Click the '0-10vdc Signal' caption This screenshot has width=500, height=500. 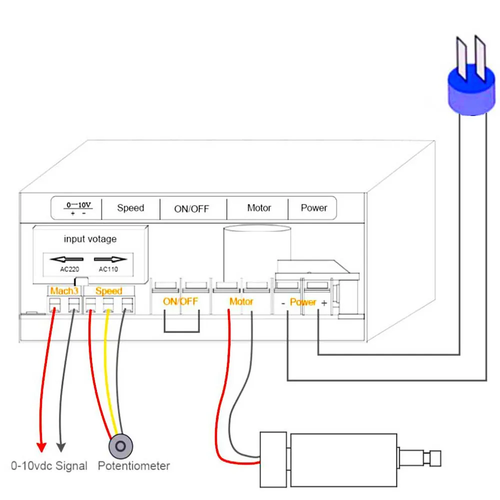coord(49,466)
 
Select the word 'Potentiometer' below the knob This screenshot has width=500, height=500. coord(133,466)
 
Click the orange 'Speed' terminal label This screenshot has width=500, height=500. coord(108,290)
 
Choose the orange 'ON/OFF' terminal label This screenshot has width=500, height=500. coord(180,301)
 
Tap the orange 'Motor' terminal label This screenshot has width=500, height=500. coord(241,301)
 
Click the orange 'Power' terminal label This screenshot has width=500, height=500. coord(303,302)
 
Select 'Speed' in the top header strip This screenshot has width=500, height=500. coord(130,208)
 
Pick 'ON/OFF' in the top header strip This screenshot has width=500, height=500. coord(191,209)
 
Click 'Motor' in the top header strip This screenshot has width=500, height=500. coord(259,207)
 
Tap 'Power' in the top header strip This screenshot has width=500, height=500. coord(314,207)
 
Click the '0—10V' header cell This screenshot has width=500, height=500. coord(78,208)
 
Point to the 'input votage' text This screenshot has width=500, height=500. coord(90,239)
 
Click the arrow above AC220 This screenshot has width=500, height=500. coord(66,259)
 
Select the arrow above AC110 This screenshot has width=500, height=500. coord(110,259)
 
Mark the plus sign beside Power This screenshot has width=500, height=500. coord(324,302)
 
